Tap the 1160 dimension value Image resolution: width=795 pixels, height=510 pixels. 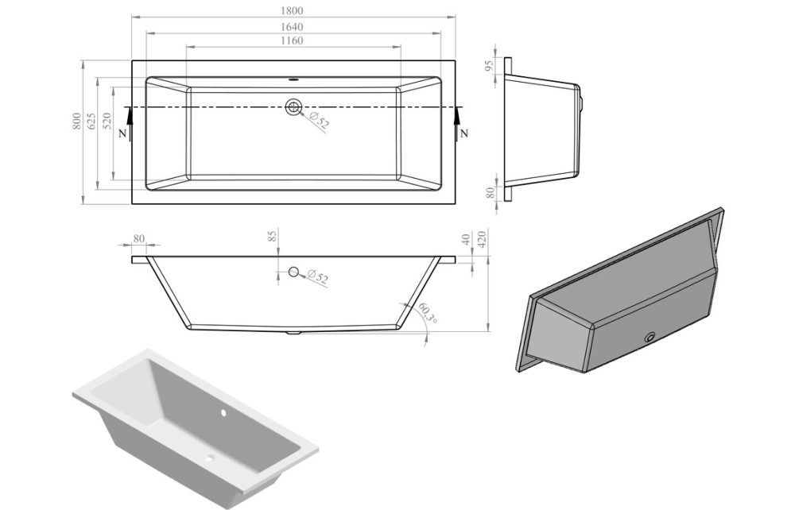[x=292, y=41]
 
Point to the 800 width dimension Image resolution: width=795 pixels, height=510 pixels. [x=76, y=122]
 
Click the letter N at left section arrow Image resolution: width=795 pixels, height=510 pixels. [x=121, y=133]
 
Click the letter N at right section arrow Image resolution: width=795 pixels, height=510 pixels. [x=463, y=133]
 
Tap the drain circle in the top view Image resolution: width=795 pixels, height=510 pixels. [x=295, y=107]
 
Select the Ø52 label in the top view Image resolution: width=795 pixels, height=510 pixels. [x=319, y=121]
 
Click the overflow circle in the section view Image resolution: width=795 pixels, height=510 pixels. [x=294, y=272]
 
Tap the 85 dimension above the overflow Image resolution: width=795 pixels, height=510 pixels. [x=272, y=236]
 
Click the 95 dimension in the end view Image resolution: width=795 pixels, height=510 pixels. [x=490, y=64]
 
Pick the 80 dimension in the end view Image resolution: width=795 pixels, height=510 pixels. [x=490, y=193]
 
